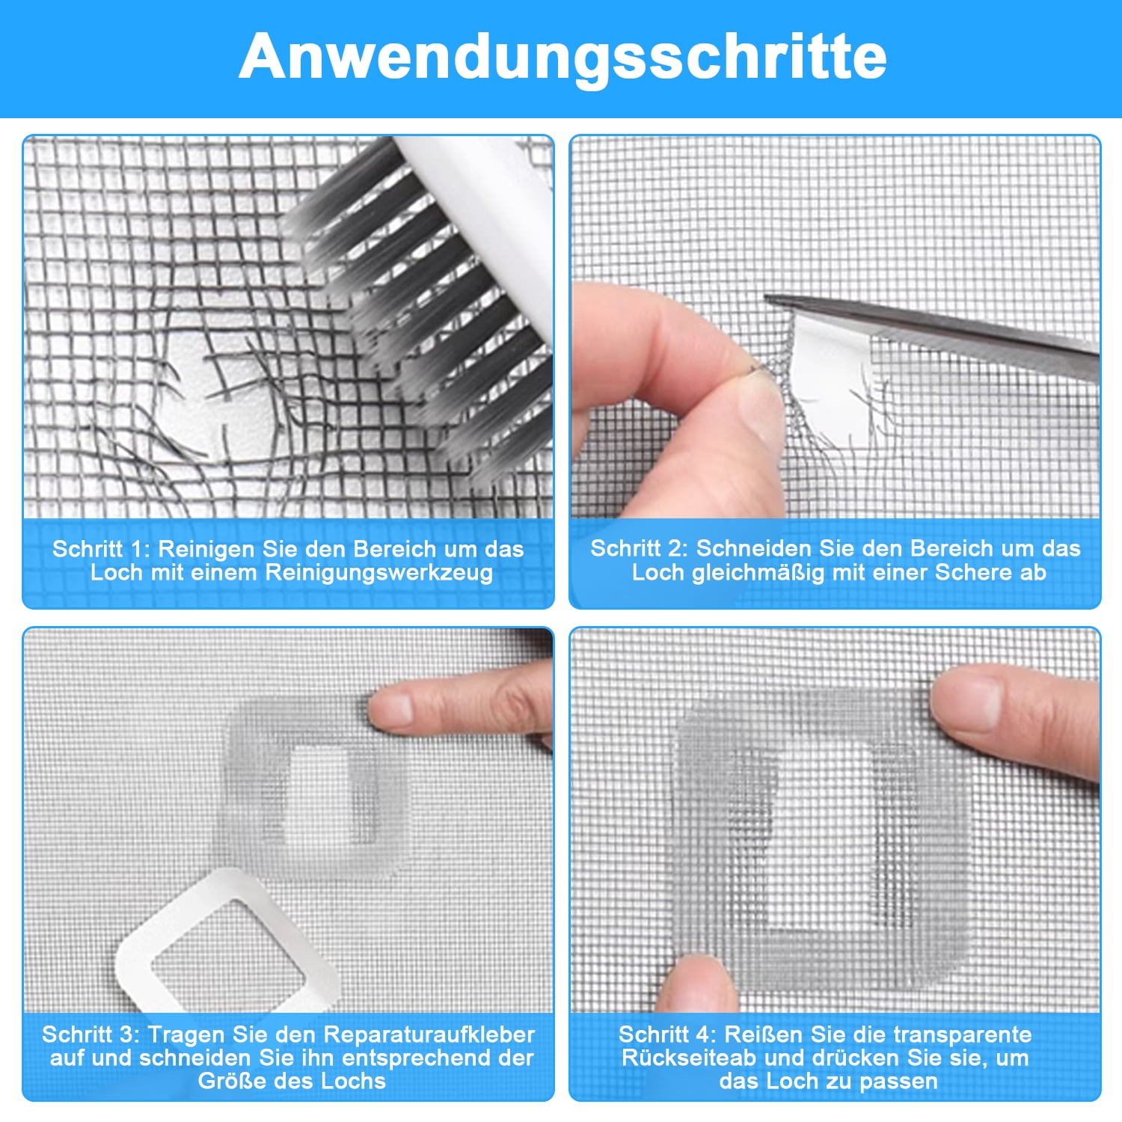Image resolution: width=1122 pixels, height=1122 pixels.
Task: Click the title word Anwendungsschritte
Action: coord(562,57)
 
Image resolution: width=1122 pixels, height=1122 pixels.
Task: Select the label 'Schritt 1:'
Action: coord(101,549)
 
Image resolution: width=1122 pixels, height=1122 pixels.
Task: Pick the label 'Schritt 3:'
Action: coord(91,1034)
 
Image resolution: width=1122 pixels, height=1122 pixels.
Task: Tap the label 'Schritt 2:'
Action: coord(639,548)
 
